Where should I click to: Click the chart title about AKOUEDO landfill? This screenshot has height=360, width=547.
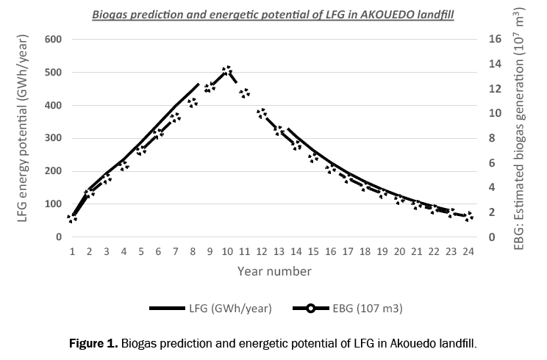coord(273,14)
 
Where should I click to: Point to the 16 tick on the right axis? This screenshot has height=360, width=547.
coord(493,39)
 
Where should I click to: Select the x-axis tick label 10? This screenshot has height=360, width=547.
coord(227,252)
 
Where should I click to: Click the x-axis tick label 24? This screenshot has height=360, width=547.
coord(468,252)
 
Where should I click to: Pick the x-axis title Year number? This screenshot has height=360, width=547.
coord(273,271)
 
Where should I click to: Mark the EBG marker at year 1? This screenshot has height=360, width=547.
coord(72,218)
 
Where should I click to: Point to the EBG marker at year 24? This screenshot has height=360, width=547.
coord(468,216)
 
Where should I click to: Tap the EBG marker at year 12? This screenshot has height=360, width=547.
coord(262,113)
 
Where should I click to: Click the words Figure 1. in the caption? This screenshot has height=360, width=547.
coord(93,343)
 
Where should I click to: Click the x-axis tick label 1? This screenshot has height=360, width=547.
coord(72,252)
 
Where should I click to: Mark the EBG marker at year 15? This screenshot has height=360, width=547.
coord(313,156)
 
